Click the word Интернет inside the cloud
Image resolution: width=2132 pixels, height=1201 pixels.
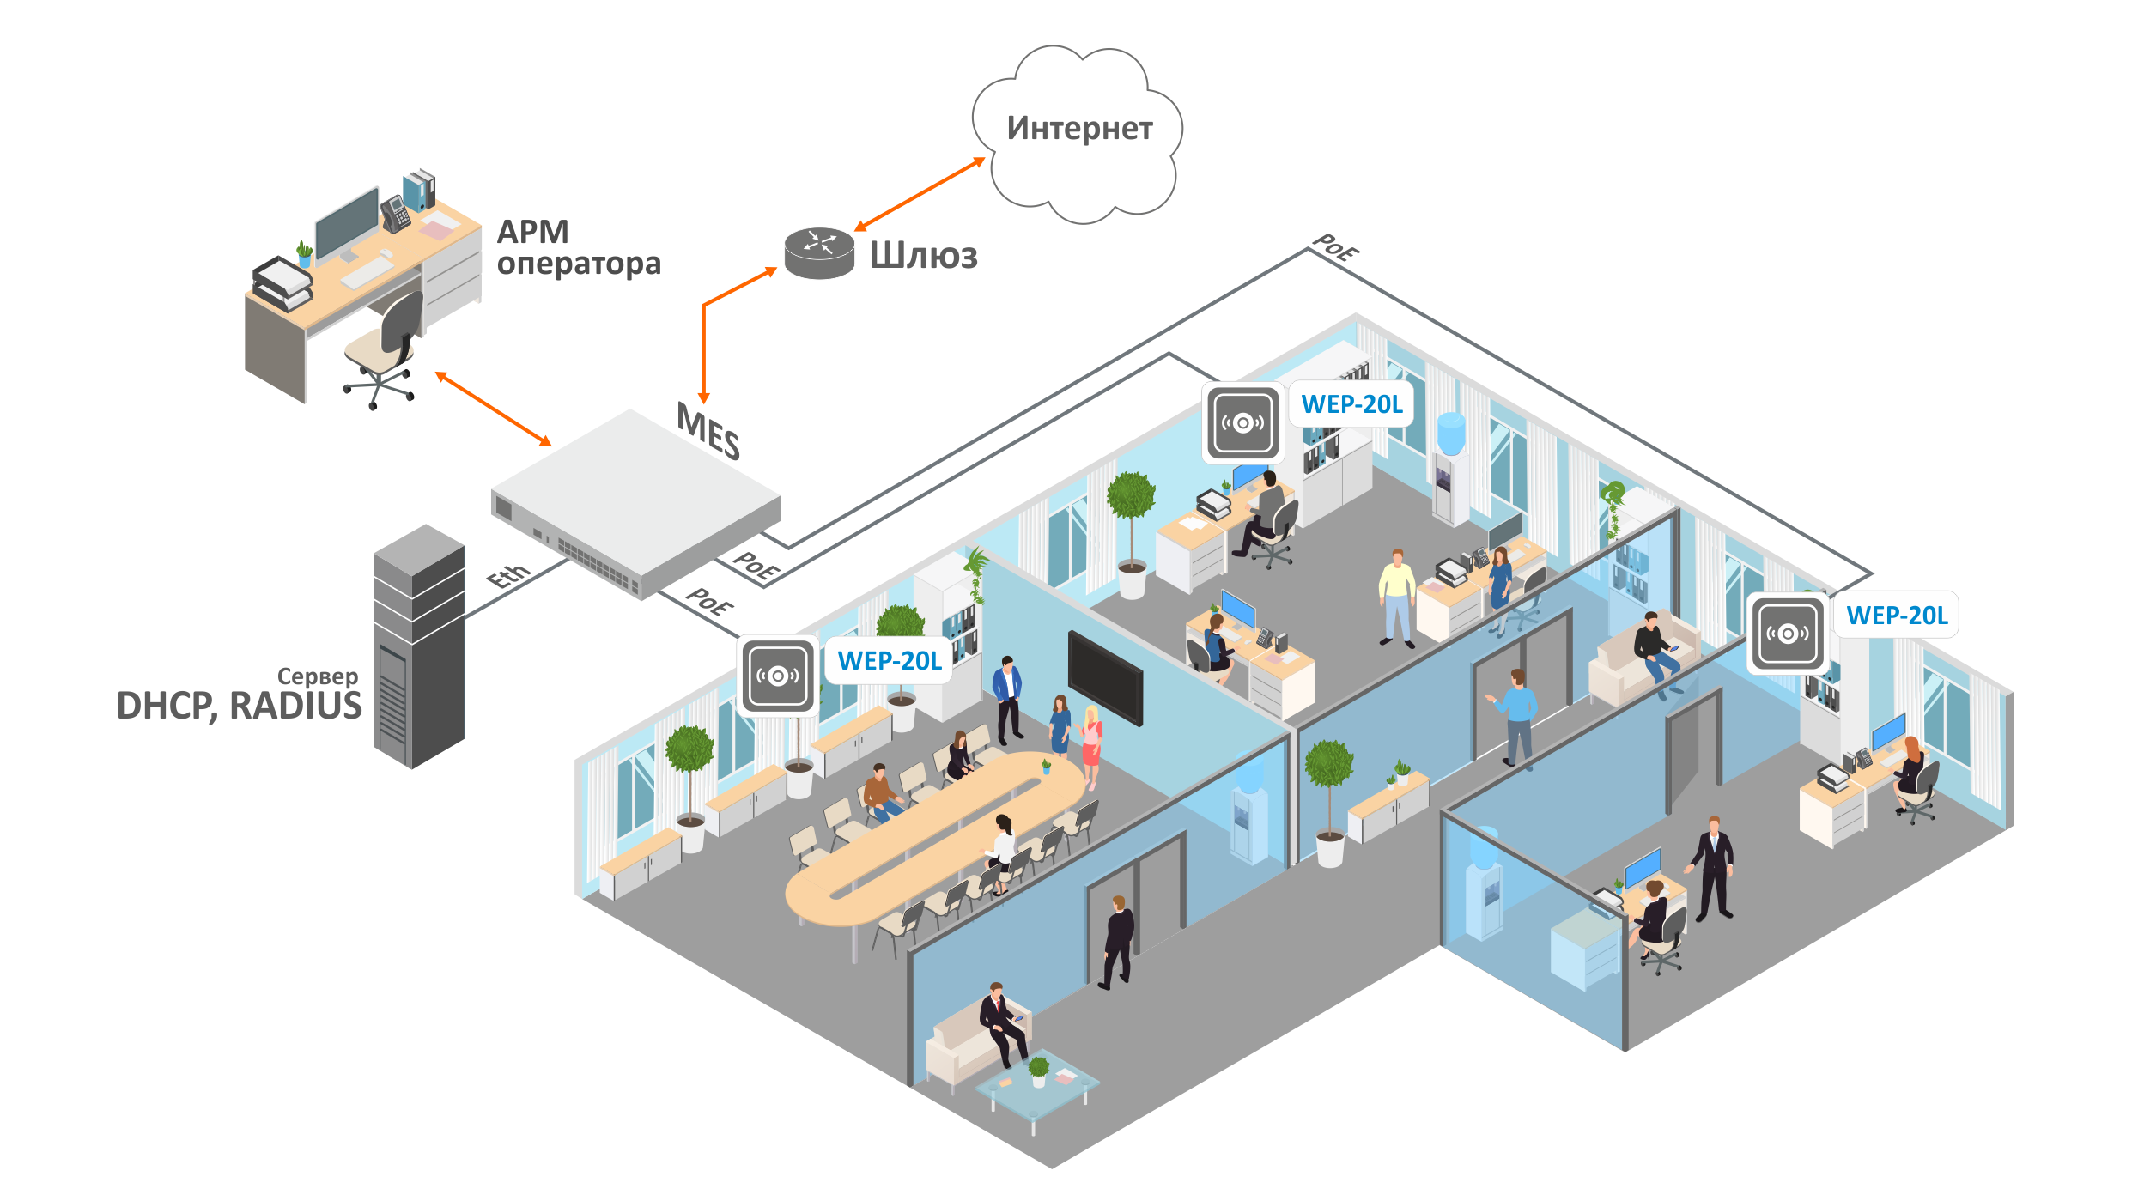click(x=1079, y=129)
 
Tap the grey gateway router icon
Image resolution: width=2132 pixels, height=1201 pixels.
click(x=819, y=252)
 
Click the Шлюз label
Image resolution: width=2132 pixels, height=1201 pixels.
click(x=923, y=256)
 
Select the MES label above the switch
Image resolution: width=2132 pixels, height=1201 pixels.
click(x=708, y=432)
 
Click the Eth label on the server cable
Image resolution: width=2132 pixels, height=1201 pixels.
click(x=508, y=576)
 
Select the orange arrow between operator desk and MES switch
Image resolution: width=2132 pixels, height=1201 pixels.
click(x=494, y=409)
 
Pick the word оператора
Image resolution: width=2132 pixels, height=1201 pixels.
click(x=579, y=264)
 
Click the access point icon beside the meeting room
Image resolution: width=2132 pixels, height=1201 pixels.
click(x=778, y=676)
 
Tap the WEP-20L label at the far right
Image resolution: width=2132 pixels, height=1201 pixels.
click(x=1897, y=616)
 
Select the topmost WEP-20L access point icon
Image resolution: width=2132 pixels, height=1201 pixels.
click(x=1242, y=422)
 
